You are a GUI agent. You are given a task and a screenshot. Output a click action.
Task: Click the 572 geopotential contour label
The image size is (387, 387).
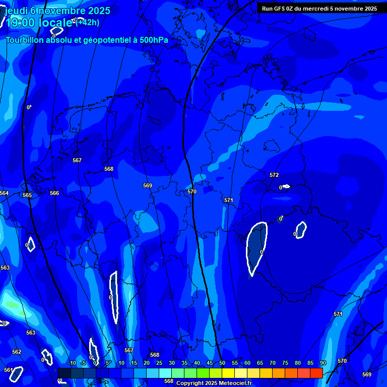[x=274, y=175]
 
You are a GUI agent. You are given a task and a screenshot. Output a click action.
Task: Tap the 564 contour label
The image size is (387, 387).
[x=4, y=193]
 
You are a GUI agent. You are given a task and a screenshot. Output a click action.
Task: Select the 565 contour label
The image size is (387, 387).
[x=27, y=195]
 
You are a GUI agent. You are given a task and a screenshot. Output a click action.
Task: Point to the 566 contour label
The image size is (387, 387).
[x=54, y=193]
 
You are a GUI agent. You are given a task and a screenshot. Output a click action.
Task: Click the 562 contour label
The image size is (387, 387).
[x=17, y=352]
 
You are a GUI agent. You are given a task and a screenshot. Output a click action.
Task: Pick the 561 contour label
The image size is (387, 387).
[x=8, y=370]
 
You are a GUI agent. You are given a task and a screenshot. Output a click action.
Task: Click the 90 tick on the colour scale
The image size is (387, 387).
[x=323, y=363]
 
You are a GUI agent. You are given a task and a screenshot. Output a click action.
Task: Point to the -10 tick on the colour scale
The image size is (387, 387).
[x=72, y=363]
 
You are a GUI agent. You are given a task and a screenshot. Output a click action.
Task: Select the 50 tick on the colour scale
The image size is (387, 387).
[x=222, y=363]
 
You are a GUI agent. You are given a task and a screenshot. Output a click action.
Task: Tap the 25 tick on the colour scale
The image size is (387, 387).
[x=159, y=363]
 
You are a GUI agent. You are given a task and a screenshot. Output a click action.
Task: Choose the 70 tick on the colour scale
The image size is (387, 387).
[x=273, y=363]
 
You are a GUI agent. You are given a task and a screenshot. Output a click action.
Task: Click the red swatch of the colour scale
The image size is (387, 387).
[x=316, y=373]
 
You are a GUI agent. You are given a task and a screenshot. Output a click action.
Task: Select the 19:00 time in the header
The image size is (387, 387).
[x=20, y=23]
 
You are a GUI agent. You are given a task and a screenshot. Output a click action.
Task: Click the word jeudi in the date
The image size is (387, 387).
[x=15, y=10]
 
